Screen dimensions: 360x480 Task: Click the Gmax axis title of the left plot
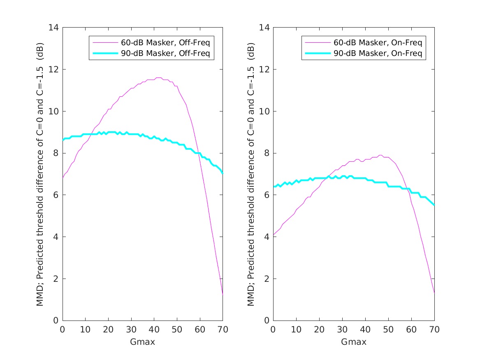pos(142,342)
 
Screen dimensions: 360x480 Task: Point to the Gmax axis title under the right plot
pos(353,342)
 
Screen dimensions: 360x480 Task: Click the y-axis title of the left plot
pos(40,174)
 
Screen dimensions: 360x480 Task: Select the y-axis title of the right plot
pos(251,174)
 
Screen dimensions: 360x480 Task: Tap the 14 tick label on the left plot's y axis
pos(54,28)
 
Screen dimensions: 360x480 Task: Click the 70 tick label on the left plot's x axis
pos(223,330)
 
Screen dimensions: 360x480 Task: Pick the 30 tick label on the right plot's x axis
pos(342,330)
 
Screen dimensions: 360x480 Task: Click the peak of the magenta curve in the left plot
pos(158,77)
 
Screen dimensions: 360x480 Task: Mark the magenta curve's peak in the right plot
pos(380,155)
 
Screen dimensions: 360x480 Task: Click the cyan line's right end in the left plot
pos(223,173)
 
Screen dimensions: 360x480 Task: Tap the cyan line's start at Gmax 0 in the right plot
pos(273,186)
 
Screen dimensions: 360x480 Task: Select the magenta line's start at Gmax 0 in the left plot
pos(63,178)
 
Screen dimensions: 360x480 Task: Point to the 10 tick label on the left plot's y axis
pos(54,111)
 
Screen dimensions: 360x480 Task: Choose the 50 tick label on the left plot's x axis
pos(177,330)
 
